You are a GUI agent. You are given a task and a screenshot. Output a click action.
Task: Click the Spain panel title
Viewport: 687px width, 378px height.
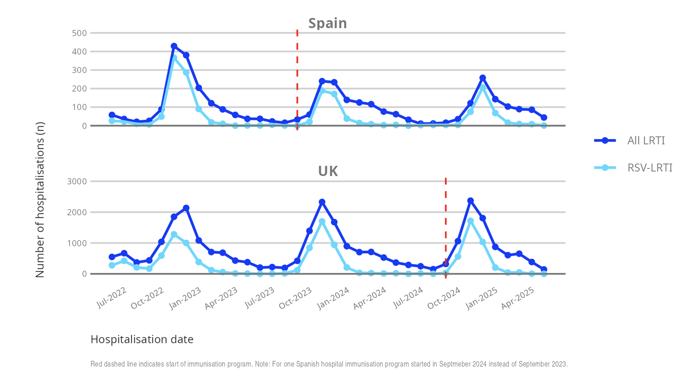point(327,23)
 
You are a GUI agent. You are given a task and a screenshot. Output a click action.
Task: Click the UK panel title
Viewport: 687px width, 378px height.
point(328,171)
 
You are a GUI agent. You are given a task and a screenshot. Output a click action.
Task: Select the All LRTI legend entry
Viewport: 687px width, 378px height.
point(646,140)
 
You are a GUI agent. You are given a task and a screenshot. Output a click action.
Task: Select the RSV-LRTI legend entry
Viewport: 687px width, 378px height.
point(650,167)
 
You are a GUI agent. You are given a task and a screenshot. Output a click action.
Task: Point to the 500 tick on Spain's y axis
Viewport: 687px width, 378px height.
point(79,33)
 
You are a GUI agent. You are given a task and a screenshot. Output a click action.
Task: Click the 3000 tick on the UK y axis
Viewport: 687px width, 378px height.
point(77,181)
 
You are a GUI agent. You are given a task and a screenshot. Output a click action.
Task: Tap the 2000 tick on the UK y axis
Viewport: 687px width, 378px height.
point(77,212)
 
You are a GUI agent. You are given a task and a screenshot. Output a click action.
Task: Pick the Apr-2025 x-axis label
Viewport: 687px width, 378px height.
point(518,298)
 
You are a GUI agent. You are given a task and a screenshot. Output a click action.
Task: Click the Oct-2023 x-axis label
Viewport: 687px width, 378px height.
point(295,298)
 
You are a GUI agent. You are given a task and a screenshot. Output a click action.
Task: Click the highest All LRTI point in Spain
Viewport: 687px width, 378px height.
point(174,46)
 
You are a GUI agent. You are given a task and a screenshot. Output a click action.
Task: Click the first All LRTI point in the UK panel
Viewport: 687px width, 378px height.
point(112,257)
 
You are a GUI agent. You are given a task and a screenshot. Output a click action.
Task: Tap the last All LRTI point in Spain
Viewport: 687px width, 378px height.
point(544,117)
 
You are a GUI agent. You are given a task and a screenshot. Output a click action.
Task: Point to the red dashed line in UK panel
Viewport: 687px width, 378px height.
point(446,226)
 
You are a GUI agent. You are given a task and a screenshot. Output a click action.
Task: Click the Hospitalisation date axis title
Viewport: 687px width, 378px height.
point(142,339)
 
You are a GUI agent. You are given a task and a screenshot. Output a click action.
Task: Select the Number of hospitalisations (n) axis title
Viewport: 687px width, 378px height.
point(40,200)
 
